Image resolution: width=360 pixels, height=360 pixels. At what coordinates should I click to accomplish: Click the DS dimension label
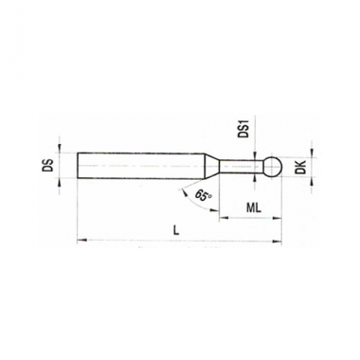[47, 165]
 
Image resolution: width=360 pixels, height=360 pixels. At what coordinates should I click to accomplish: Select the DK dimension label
[302, 167]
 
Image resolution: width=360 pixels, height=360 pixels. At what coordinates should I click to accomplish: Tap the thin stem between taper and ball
[241, 166]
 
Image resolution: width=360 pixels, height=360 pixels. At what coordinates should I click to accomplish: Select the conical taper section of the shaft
[212, 166]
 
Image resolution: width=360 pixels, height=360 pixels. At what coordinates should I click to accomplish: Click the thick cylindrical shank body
[141, 166]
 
